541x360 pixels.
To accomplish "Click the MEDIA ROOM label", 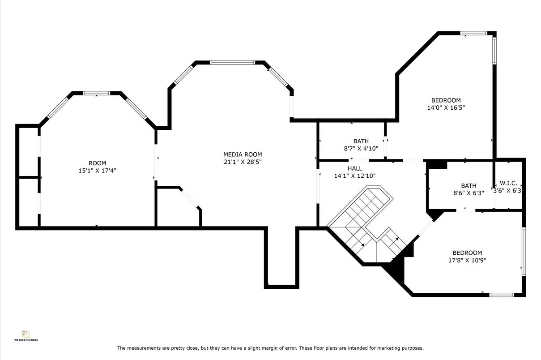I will [243, 154].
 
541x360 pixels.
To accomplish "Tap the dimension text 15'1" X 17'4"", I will [98, 171].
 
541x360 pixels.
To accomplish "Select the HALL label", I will [355, 168].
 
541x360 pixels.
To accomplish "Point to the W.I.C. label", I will [508, 183].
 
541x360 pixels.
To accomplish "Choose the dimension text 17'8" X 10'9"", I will [467, 260].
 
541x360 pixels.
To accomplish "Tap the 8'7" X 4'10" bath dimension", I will [361, 149].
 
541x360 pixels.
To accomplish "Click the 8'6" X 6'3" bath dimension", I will [469, 193].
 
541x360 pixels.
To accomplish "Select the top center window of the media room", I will [232, 63].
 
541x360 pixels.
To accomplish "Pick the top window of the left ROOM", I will [96, 93].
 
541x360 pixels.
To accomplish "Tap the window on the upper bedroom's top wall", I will [473, 33].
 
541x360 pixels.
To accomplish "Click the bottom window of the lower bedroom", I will [501, 295].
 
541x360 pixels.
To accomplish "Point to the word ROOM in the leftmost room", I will [98, 163].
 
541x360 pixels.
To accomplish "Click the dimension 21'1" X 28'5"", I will [243, 162].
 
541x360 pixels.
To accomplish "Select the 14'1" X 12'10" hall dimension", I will [355, 176].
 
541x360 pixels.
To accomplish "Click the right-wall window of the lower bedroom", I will [524, 251].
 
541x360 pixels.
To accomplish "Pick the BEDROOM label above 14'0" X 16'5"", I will [446, 100].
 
